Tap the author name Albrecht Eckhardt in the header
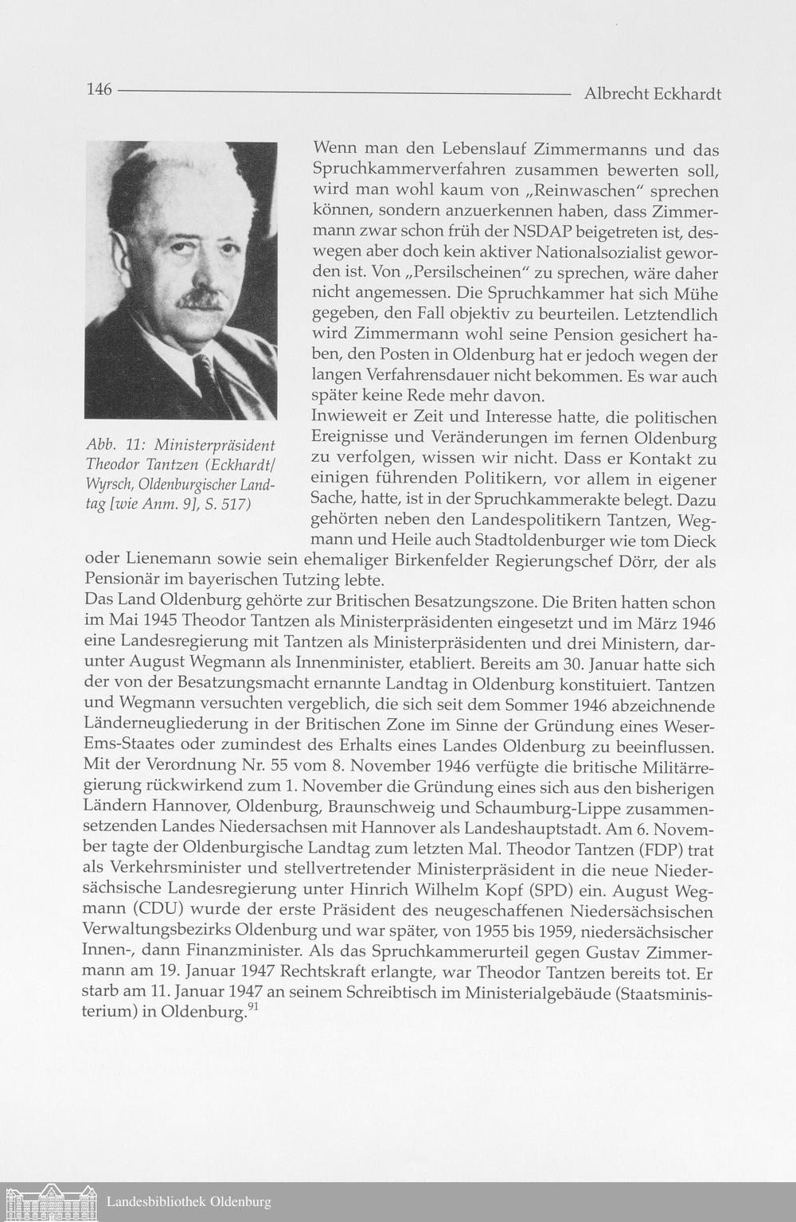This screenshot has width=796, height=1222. [x=652, y=94]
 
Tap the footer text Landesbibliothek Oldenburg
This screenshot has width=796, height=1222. [x=189, y=1202]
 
